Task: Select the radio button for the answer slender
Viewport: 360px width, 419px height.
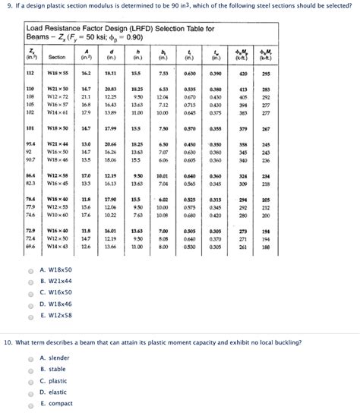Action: [30, 358]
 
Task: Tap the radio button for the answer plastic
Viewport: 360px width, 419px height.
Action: [30, 380]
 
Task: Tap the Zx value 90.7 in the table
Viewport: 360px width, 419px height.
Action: [30, 160]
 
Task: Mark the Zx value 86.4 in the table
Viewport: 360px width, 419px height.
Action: [30, 175]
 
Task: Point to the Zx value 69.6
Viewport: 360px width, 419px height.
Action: [30, 246]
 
